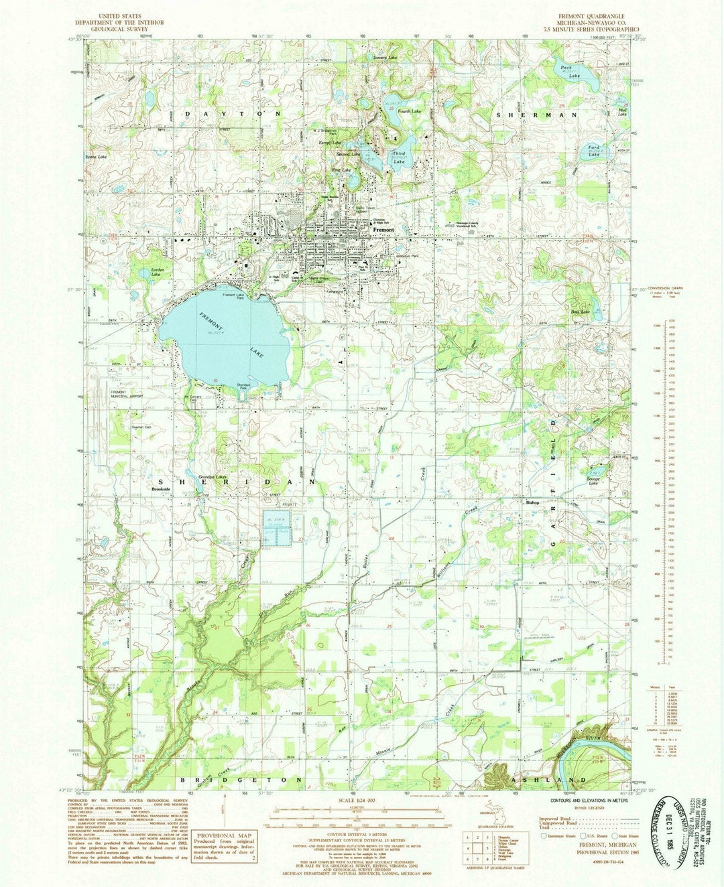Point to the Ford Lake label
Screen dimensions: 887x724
(x=593, y=151)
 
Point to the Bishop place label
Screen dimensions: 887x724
(x=532, y=502)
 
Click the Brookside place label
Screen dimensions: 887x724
(x=162, y=490)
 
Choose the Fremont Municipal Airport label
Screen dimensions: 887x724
(x=127, y=394)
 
